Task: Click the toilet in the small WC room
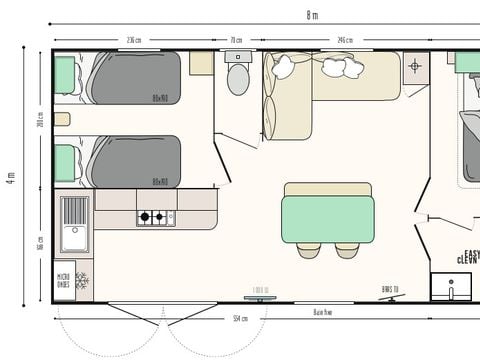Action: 238,77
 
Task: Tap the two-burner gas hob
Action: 156,216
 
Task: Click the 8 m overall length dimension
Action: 313,14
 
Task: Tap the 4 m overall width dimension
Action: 11,178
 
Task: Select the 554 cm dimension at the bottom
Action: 239,318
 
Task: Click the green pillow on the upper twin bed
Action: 66,73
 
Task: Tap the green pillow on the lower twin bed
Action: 66,161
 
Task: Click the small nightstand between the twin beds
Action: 62,119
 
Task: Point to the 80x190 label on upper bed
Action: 159,98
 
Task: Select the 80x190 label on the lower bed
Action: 159,182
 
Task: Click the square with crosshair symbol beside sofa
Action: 416,67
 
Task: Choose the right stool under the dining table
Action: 347,250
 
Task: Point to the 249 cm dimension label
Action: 345,41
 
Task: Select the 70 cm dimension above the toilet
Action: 236,41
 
